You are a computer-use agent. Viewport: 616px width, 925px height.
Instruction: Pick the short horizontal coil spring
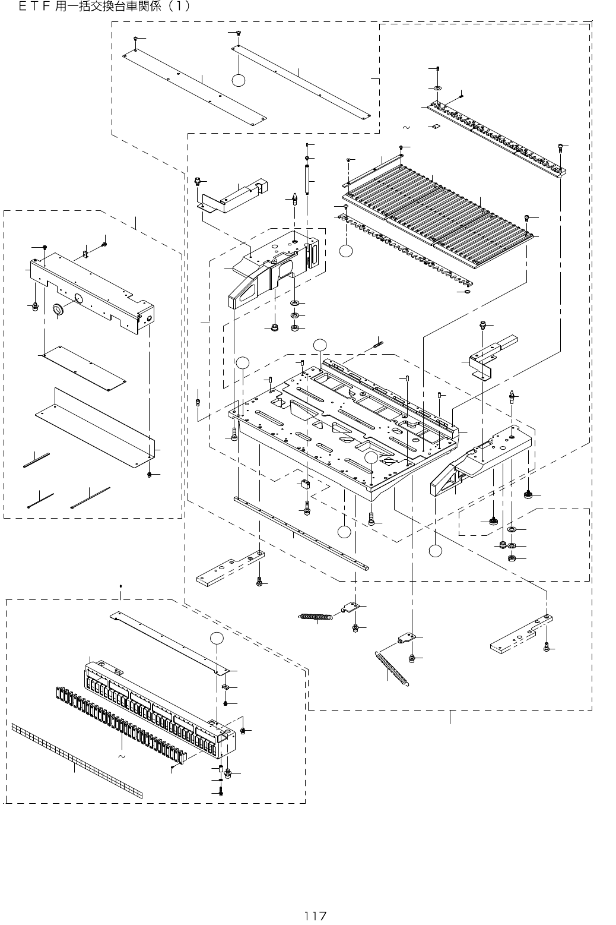pos(315,617)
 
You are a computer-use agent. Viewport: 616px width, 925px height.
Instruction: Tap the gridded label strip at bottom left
pos(77,761)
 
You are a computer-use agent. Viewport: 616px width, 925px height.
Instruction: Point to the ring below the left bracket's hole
pos(58,310)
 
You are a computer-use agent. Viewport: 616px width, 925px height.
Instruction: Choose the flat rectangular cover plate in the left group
pos(83,368)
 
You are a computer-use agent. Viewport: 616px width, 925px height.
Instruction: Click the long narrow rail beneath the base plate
pos(303,533)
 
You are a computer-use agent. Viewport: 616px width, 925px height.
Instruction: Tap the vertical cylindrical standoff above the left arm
pos(307,179)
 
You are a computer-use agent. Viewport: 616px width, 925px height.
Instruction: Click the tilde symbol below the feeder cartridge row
pos(121,757)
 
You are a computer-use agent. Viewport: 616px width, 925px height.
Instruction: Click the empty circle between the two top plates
pos(239,81)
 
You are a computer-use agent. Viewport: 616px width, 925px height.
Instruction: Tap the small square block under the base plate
pos(306,484)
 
